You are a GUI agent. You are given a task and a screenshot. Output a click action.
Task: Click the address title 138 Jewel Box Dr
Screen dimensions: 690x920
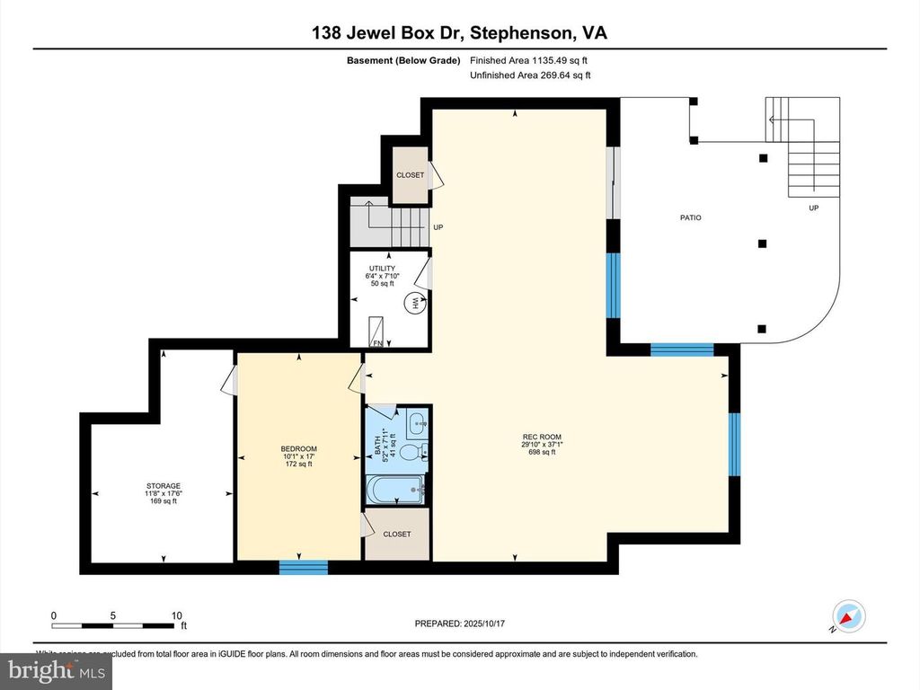pos(459,33)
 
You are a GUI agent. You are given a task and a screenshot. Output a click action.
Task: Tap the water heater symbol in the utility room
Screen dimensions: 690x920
pos(415,305)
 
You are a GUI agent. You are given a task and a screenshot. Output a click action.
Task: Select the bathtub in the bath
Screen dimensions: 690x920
pos(396,491)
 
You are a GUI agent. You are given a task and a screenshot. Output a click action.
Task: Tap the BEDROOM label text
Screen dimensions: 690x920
pos(298,449)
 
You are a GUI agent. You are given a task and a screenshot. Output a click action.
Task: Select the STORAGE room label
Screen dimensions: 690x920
pos(164,486)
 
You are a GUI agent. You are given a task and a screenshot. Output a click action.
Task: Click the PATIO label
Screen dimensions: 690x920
pos(690,218)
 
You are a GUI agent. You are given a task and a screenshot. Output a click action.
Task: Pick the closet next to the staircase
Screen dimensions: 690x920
pos(411,175)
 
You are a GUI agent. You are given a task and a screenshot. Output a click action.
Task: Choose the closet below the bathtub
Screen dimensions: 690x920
pos(397,534)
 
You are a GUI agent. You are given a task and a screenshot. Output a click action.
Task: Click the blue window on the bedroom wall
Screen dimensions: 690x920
pos(303,567)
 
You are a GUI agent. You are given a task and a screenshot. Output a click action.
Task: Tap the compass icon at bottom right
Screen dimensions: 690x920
pos(848,615)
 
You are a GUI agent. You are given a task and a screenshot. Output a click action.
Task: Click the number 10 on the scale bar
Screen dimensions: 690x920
pos(177,615)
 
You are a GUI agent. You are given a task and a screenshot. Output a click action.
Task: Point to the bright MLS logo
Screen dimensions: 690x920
pos(56,669)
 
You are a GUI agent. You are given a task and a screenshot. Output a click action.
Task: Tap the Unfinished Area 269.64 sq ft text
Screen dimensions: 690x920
pos(530,75)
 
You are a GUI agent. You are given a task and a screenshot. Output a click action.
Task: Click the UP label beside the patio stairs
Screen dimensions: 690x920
pos(814,208)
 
